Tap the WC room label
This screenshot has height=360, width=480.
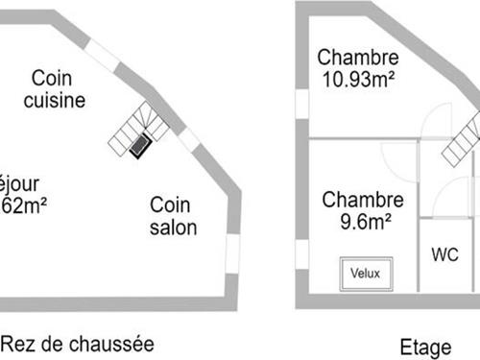[x=444, y=255]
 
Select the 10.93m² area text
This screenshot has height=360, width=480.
[x=356, y=82]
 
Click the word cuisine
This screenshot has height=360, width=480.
[x=55, y=100]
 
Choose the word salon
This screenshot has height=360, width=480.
[x=174, y=228]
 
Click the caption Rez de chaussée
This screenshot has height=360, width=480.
[x=77, y=343]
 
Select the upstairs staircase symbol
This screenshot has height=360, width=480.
[x=463, y=139]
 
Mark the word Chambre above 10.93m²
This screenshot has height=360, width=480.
[x=356, y=57]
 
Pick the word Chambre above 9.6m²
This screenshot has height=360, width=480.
[x=362, y=201]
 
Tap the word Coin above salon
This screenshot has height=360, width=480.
[x=169, y=204]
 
